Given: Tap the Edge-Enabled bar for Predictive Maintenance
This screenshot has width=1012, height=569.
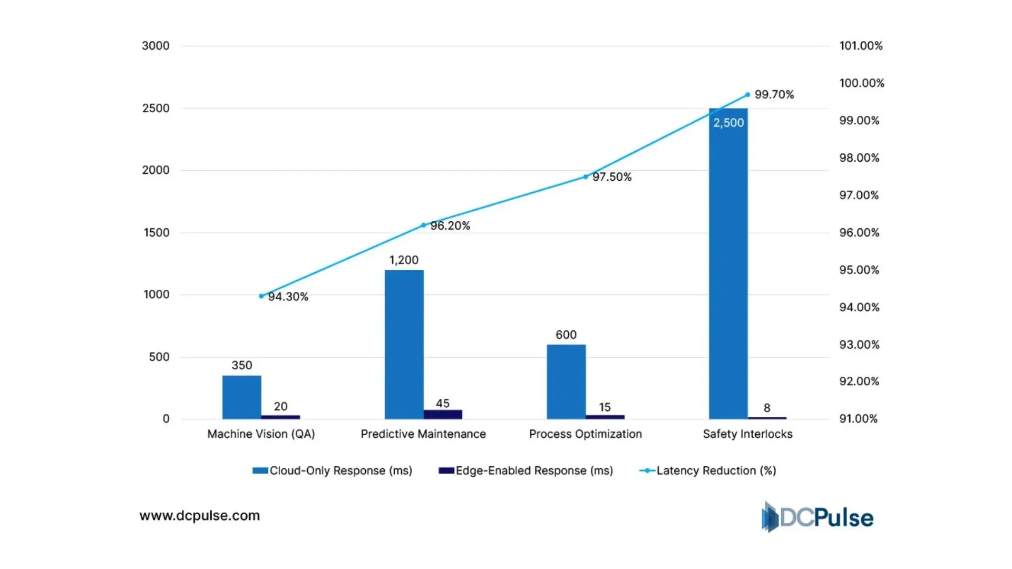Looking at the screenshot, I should (443, 414).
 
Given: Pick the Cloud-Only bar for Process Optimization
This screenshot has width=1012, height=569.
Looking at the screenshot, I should (566, 382).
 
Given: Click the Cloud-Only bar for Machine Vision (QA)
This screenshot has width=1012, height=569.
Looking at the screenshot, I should (241, 397).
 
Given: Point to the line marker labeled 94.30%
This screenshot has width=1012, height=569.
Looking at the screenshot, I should (261, 296).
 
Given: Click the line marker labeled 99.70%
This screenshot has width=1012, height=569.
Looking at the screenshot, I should (747, 95).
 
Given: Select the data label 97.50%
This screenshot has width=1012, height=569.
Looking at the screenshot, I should (612, 177).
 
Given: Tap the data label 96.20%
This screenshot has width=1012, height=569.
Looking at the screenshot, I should (450, 225).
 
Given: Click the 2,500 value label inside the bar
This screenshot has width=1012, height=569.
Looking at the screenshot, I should (728, 123).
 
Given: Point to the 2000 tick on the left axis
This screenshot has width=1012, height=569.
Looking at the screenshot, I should (155, 170).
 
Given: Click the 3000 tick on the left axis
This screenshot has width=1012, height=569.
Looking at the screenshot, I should (155, 46).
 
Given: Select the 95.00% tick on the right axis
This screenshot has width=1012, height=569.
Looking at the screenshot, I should (859, 270).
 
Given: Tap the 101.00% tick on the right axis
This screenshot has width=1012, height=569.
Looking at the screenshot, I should (861, 46).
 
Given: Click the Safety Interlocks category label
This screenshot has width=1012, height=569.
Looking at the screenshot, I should (747, 434).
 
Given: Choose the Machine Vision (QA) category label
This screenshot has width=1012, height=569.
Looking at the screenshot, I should (261, 434).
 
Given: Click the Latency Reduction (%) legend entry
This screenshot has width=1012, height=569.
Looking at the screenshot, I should (708, 470).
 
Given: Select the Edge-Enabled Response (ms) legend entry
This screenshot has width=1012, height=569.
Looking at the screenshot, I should (526, 470).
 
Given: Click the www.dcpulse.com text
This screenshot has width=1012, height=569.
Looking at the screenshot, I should (200, 515).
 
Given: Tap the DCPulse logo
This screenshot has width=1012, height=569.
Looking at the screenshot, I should (818, 517).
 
